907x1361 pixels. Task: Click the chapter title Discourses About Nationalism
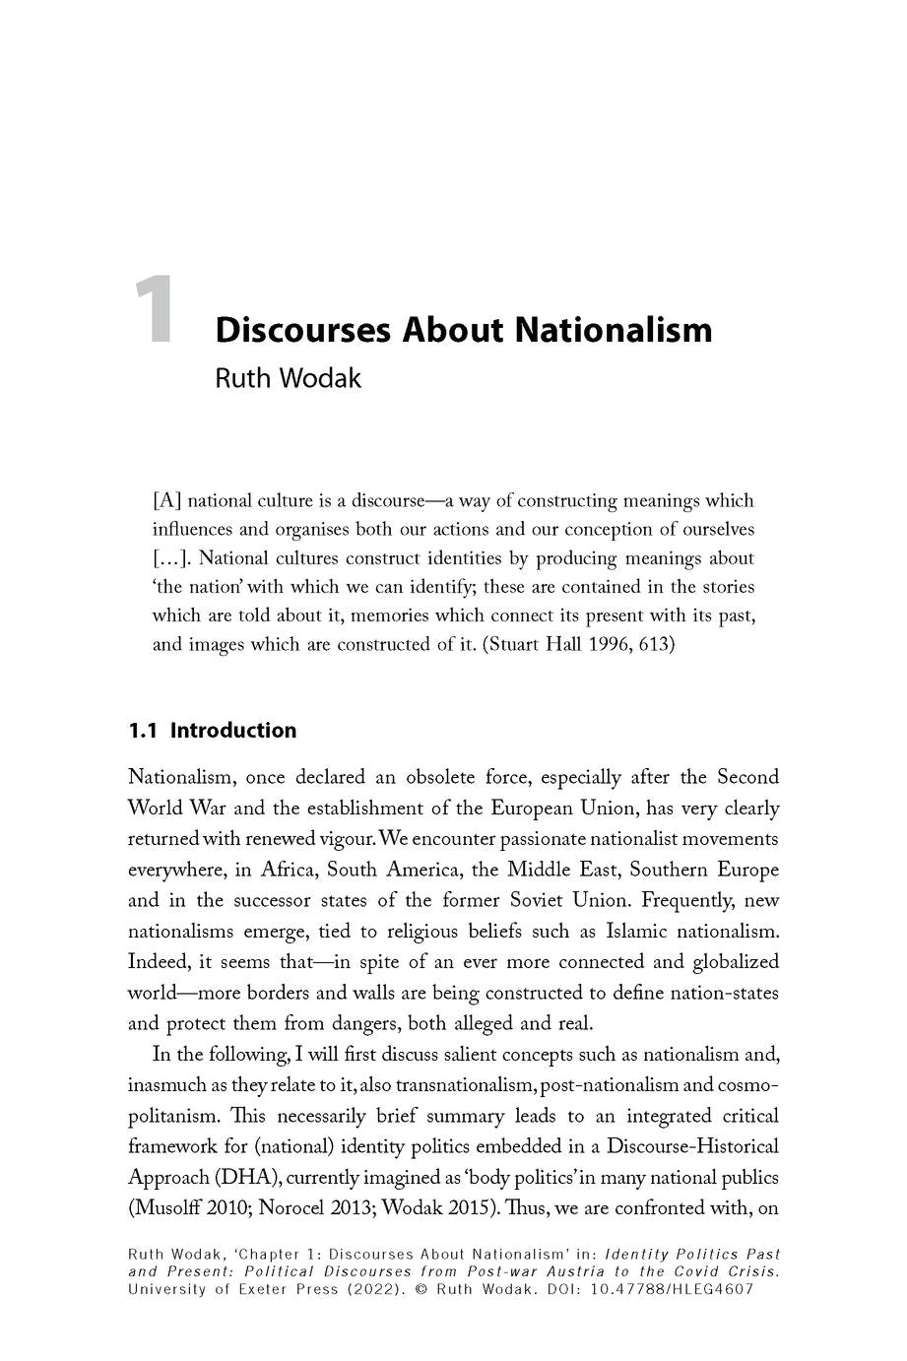463,329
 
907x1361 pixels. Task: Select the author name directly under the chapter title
288,378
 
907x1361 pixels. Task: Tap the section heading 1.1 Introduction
212,730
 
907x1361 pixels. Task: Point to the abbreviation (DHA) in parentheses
226,1177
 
